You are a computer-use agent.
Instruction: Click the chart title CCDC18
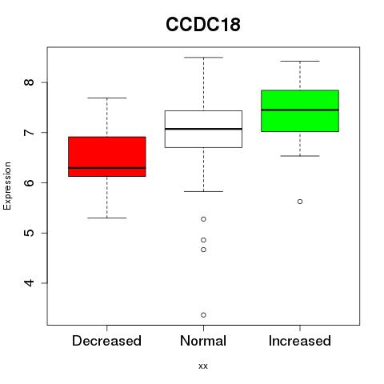click(203, 24)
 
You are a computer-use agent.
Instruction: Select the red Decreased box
click(107, 157)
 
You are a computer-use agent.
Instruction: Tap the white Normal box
click(203, 129)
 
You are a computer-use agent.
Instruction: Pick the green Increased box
click(300, 111)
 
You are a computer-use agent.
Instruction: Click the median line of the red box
click(107, 168)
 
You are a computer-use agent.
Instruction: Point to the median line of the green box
click(300, 110)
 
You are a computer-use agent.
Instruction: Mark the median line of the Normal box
click(203, 129)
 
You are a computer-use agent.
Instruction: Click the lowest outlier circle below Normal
click(203, 315)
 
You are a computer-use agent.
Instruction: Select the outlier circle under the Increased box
click(300, 202)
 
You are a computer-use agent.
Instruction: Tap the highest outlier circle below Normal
click(203, 219)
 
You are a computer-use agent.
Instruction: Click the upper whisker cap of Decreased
click(107, 98)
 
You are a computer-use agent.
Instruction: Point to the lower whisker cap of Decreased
click(107, 218)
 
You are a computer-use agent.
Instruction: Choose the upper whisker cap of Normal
click(203, 58)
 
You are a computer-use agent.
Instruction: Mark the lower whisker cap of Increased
click(300, 156)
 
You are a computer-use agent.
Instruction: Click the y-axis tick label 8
click(30, 82)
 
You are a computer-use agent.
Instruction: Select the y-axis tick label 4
click(30, 283)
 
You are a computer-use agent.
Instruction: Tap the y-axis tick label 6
click(30, 182)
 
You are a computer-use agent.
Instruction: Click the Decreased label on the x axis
click(106, 341)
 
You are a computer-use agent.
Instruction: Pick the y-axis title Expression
click(7, 186)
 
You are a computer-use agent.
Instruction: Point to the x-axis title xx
click(203, 366)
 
